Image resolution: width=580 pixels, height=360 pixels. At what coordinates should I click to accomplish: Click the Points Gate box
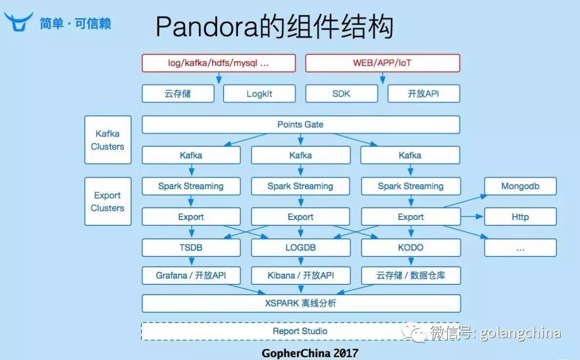pos(300,124)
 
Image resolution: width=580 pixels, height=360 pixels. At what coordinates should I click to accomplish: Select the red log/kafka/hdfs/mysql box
pos(219,63)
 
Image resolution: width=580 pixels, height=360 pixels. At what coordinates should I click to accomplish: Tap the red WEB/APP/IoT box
pos(382,63)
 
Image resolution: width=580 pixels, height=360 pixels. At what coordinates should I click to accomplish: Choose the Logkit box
pos(259,94)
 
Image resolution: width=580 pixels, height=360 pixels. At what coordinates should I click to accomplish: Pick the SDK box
pos(341,94)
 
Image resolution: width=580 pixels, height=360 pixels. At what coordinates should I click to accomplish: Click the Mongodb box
pos(520,186)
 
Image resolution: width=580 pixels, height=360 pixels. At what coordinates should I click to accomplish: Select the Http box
pos(520,217)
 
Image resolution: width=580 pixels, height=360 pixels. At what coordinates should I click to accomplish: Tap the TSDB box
pos(191,247)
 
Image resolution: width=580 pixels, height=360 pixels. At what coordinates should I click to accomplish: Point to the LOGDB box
pos(300,247)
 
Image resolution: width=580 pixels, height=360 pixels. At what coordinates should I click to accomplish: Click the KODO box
pos(411,247)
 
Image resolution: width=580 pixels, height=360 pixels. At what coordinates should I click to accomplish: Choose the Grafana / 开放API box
pos(191,276)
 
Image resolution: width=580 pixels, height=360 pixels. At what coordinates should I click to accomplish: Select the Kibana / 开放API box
pos(300,276)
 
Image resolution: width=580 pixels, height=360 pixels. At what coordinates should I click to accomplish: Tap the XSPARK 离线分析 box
pos(300,303)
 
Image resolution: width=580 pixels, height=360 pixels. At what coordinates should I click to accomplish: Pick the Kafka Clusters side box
pos(108,140)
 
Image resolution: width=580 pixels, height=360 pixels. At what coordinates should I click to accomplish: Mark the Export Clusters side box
pos(108,201)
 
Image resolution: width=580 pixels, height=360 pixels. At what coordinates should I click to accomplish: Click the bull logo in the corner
pos(19,21)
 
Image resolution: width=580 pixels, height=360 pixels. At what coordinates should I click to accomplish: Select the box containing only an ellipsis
pos(520,248)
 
